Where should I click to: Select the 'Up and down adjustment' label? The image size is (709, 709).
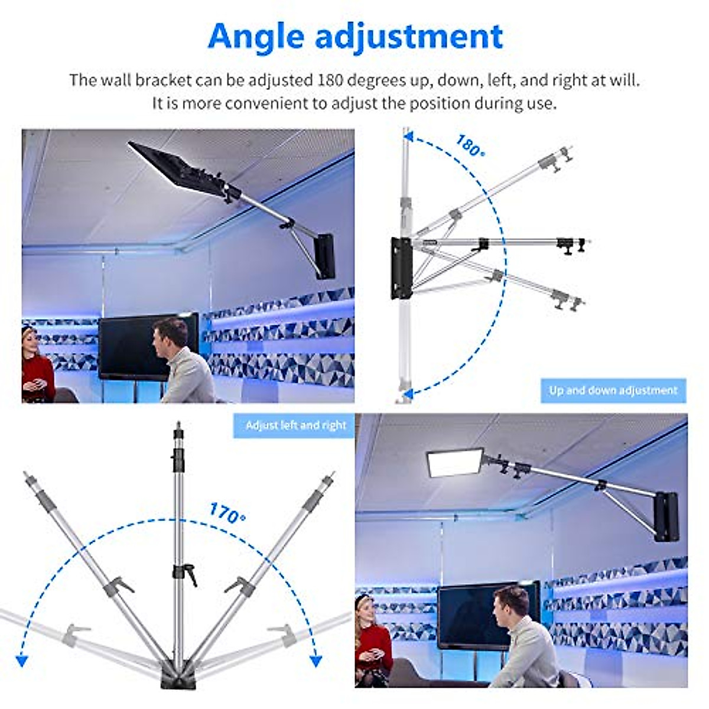613,391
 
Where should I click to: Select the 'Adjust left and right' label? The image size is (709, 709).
295,425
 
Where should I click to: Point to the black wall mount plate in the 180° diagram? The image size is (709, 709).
400,267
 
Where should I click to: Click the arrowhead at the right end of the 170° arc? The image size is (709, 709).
316,660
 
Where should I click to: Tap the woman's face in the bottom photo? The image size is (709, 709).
367,614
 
